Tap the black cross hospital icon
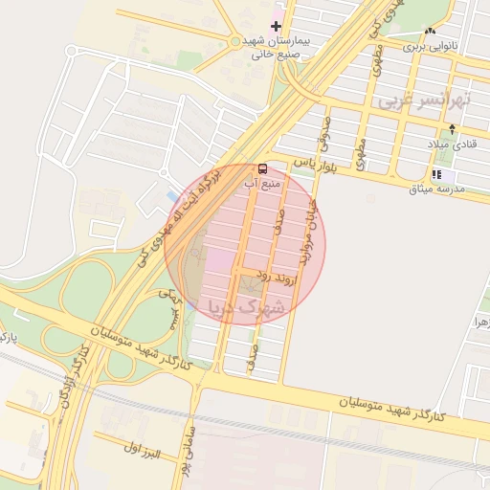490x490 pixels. point(278,26)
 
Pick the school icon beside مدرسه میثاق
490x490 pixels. point(437,175)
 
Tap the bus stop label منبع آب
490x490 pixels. point(263,182)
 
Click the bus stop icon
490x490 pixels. point(263,168)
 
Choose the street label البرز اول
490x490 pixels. point(144,447)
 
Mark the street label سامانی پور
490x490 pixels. point(190,445)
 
